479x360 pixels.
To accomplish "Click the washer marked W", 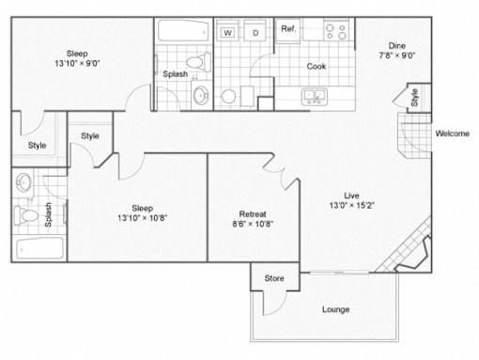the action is point(227,30).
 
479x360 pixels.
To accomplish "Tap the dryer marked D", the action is point(255,30).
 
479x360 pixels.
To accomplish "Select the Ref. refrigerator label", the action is point(288,29).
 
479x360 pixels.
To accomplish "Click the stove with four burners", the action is point(336,30).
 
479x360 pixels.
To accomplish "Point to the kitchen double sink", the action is point(315,97).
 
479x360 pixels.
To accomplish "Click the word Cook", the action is point(317,67).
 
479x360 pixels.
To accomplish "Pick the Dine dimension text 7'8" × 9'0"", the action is point(397,55).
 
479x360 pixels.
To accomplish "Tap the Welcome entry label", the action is point(453,133).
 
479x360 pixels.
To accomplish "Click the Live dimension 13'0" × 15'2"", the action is point(351,206).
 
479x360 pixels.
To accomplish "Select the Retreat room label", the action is point(253,214).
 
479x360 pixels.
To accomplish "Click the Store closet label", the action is point(274,278).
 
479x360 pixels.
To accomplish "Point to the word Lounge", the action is point(336,309).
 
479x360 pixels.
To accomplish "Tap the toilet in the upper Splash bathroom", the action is point(198,62).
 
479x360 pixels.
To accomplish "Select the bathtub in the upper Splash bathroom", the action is point(184,31).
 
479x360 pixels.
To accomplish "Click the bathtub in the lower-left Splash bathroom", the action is point(39,248).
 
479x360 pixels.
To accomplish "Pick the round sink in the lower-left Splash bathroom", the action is point(23,182).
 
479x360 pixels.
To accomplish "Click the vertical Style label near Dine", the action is point(414,98).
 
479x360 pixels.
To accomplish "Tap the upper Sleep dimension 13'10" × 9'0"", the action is point(77,64).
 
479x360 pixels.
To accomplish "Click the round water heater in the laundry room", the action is point(228,96).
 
